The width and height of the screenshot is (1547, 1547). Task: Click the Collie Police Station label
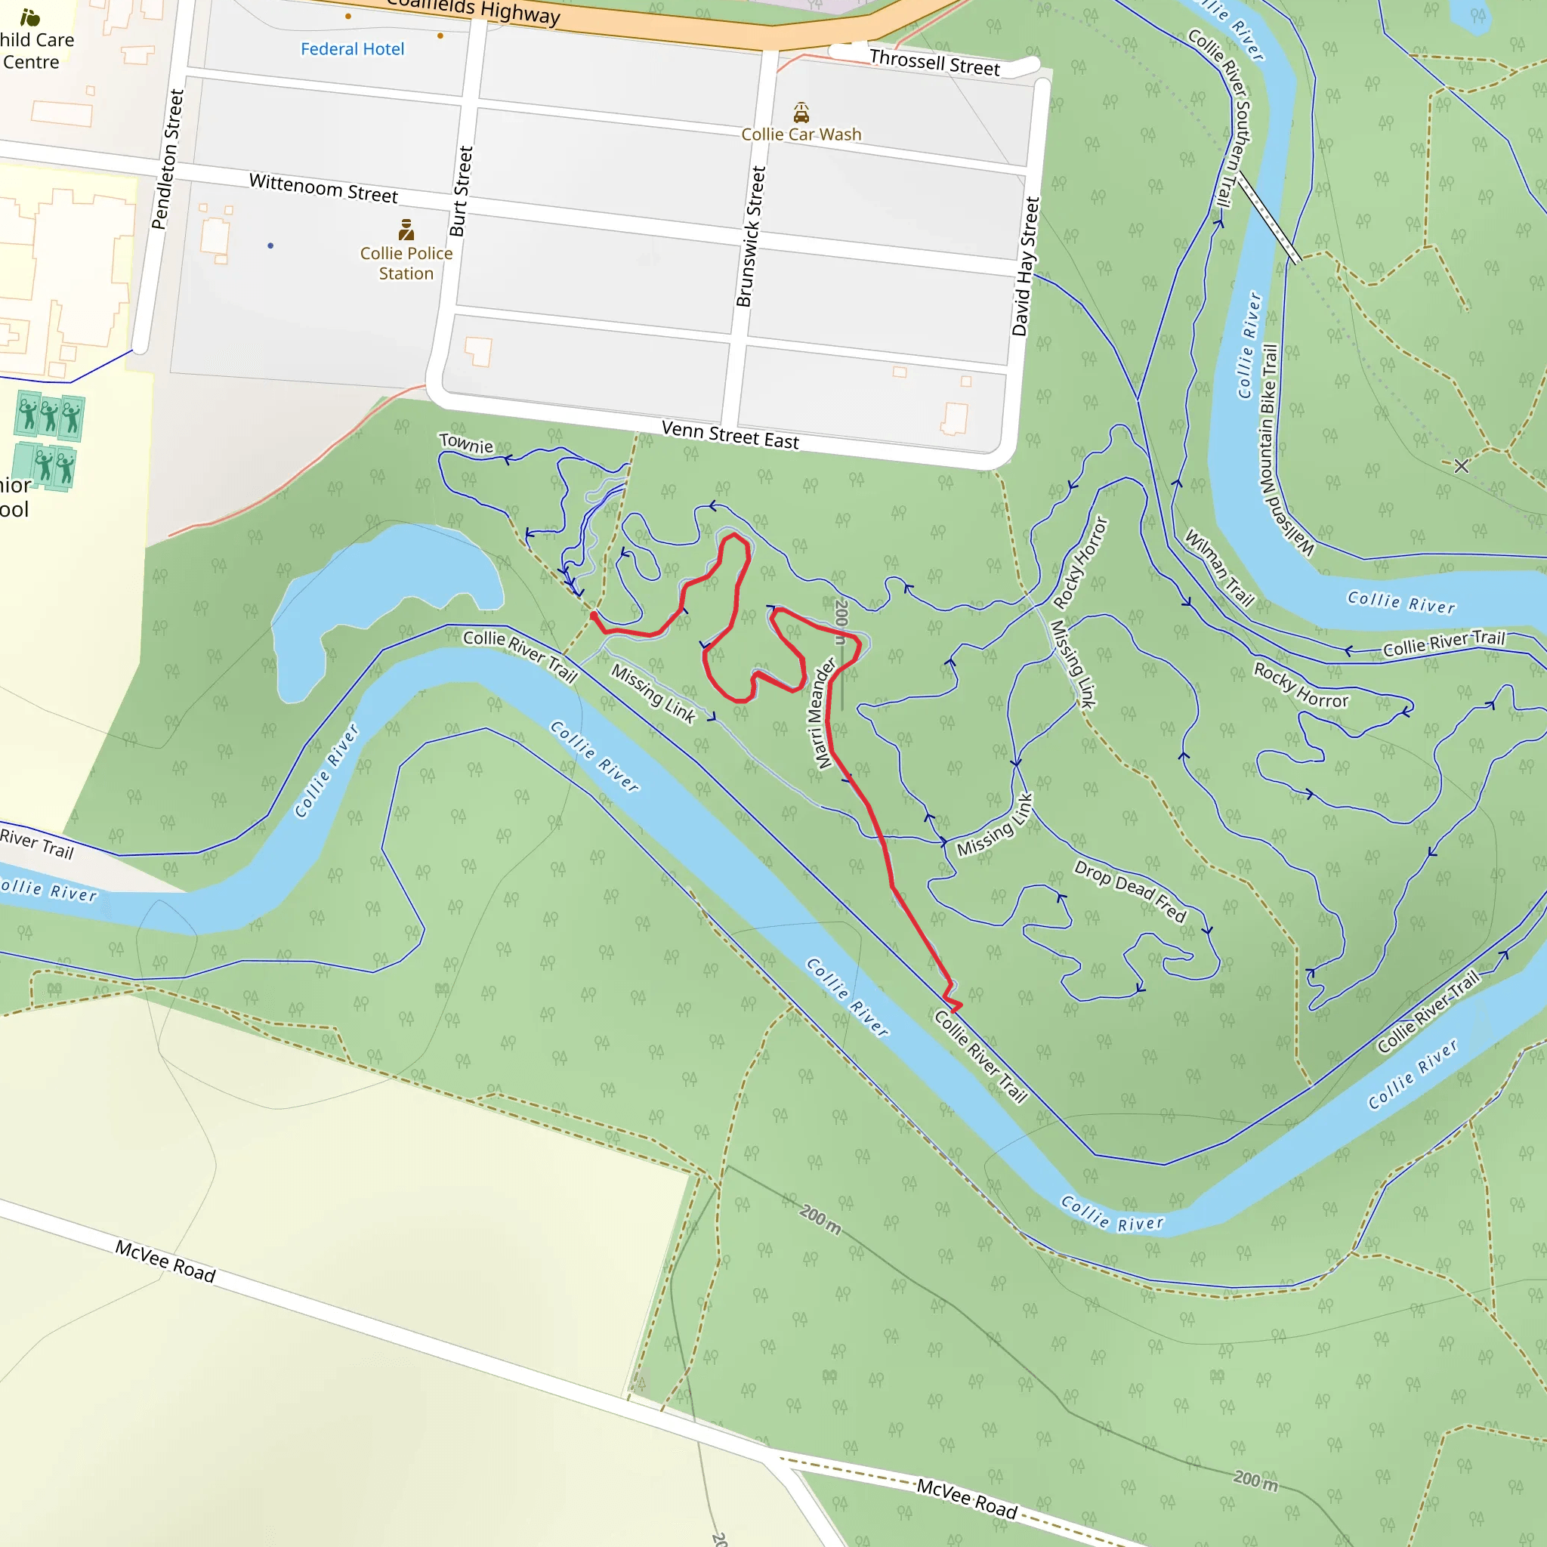(x=406, y=264)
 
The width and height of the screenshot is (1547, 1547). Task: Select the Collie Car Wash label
(x=801, y=134)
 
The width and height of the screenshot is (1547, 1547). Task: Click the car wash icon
(x=801, y=111)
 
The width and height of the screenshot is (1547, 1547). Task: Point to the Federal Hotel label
(x=352, y=50)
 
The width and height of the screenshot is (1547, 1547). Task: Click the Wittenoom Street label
(x=323, y=188)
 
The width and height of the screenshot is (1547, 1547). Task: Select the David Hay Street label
(x=1025, y=267)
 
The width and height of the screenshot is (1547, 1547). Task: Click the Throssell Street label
(x=934, y=63)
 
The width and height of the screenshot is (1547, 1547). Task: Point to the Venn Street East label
(x=730, y=435)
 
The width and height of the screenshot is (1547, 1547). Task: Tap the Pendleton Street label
(x=168, y=159)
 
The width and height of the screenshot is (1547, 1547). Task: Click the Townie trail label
(x=466, y=443)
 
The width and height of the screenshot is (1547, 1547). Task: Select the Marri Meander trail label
(x=825, y=712)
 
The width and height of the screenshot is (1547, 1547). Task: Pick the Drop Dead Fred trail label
(x=1130, y=891)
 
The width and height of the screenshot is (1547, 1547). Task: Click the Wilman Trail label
(x=1218, y=567)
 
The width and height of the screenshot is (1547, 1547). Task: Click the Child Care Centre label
(x=36, y=51)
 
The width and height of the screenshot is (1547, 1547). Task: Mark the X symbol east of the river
(x=1462, y=466)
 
